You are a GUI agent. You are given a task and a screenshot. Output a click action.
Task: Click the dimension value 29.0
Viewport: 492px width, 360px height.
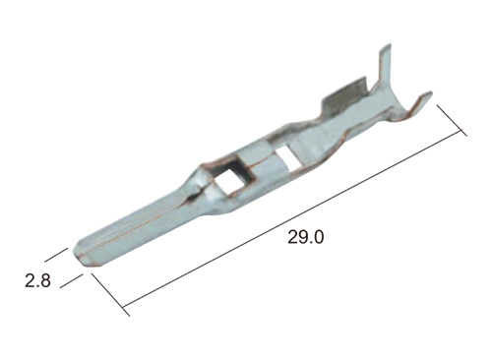(x=306, y=237)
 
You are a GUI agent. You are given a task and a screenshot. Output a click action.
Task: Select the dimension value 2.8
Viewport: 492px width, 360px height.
(x=38, y=281)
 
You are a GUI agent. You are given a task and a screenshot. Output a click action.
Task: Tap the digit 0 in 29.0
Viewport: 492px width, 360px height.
(x=317, y=237)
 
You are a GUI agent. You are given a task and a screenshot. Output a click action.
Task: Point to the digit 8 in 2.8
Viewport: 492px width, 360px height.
(x=45, y=281)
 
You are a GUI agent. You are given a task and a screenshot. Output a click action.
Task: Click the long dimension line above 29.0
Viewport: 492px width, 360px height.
(x=292, y=219)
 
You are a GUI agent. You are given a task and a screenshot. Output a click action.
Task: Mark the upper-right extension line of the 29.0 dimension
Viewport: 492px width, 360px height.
(x=452, y=120)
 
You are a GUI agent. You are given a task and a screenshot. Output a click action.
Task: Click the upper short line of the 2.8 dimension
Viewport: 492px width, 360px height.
(x=56, y=255)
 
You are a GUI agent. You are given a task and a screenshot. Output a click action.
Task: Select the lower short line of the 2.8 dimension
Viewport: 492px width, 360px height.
(x=71, y=280)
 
